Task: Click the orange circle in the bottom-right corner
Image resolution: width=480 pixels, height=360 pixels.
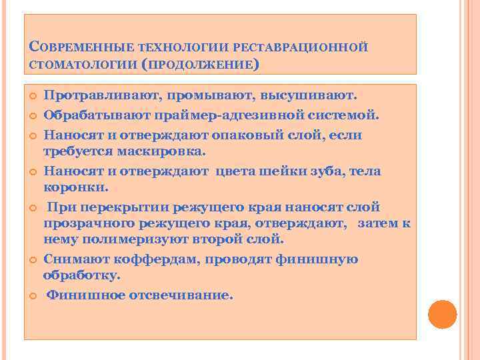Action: pos(443,315)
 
